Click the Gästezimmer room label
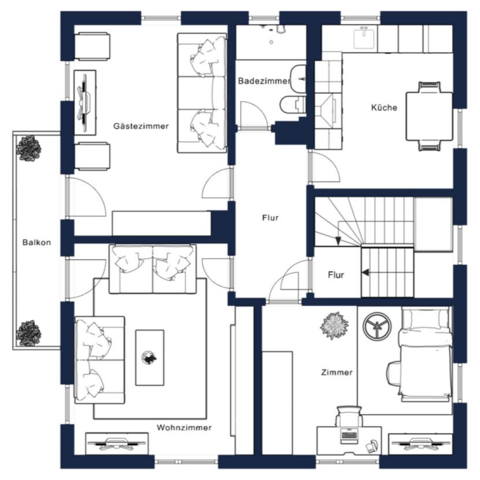click(x=141, y=126)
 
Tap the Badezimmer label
click(x=264, y=81)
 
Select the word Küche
click(x=384, y=108)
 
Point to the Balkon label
click(x=36, y=242)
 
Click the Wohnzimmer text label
click(x=184, y=427)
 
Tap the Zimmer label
click(x=337, y=372)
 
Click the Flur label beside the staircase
click(x=336, y=275)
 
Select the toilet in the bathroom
click(x=293, y=104)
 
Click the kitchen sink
click(x=364, y=38)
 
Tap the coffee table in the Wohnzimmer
click(x=150, y=357)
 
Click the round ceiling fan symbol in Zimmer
click(x=377, y=326)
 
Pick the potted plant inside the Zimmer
click(x=334, y=326)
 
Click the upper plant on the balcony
click(x=28, y=149)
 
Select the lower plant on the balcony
click(x=28, y=333)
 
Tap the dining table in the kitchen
click(x=429, y=116)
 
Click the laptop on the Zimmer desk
click(x=349, y=435)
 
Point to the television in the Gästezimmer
click(x=85, y=103)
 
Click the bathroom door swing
click(x=254, y=114)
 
